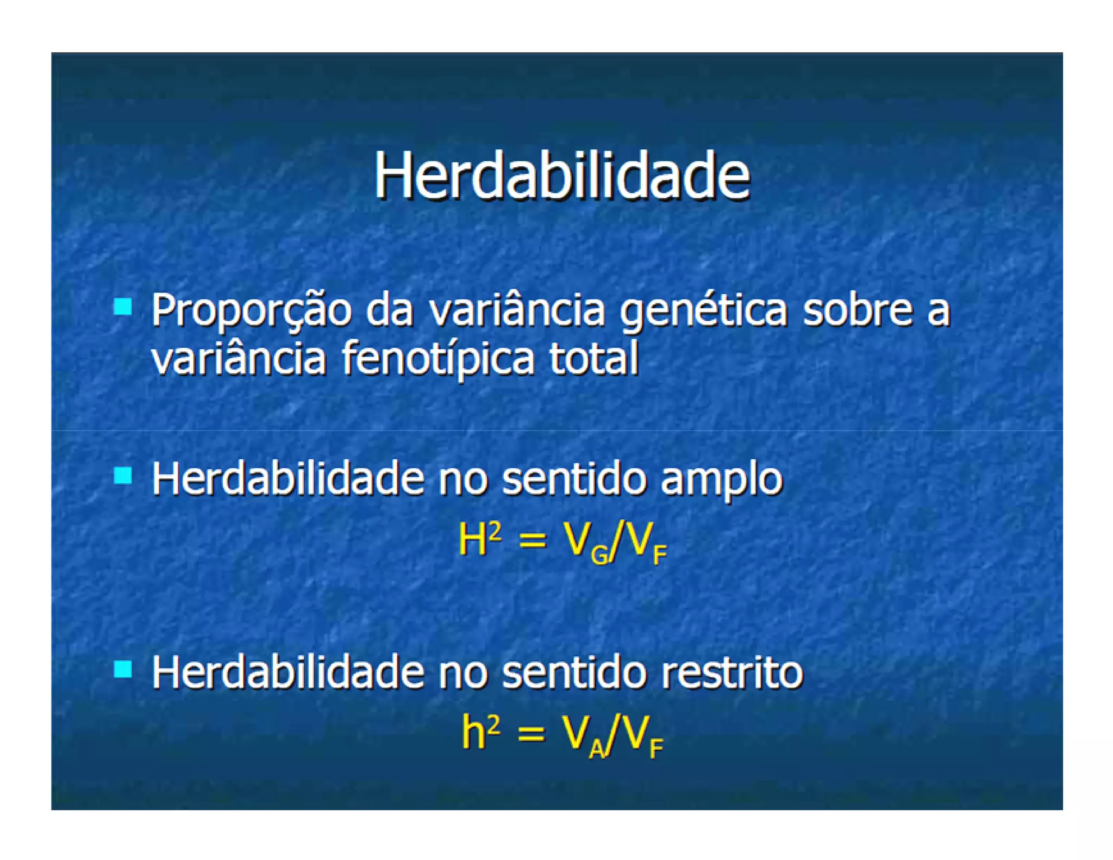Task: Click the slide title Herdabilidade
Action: tap(562, 176)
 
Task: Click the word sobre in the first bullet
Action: tap(858, 309)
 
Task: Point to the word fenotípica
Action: tap(438, 359)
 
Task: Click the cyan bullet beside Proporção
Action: tap(123, 307)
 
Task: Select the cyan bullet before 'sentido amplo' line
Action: tap(123, 476)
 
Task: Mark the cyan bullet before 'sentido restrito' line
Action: tap(123, 669)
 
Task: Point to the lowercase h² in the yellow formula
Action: tap(480, 732)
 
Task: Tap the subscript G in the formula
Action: tap(600, 555)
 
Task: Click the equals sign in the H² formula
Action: tap(532, 541)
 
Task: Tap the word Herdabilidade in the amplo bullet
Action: tap(287, 478)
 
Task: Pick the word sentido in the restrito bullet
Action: tap(574, 672)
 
